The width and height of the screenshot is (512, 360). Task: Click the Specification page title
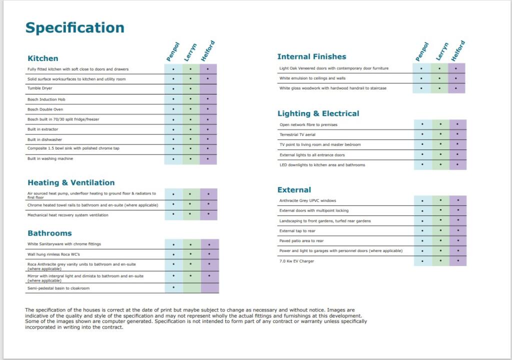coord(75,28)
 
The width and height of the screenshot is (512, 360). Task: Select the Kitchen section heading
coord(43,58)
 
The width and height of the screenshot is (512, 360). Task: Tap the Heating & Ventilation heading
coord(71,182)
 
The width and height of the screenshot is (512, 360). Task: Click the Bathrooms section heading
coord(49,233)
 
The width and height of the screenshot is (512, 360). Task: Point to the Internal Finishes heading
coord(311,56)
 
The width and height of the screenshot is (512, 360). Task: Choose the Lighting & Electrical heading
coord(318,113)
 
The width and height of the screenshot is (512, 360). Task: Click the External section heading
coord(294,190)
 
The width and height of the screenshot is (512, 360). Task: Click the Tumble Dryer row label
coord(37,88)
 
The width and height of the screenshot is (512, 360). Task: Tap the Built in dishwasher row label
coord(44,139)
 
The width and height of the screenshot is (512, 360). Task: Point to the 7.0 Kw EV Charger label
coord(296,261)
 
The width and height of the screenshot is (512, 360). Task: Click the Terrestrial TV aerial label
coord(297,134)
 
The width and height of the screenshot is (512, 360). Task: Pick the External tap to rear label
coord(297,231)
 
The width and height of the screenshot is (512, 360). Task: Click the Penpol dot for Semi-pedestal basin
coord(173,287)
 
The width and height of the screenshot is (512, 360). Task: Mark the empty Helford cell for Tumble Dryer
coord(208,89)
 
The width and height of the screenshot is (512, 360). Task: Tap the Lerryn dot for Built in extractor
coord(190,129)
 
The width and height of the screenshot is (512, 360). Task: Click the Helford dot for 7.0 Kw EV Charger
coord(457,260)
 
